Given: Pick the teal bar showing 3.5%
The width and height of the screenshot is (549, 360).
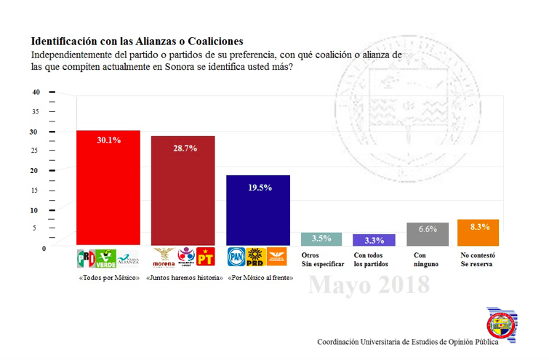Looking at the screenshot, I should [321, 239].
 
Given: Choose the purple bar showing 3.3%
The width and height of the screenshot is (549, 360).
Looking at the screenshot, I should [374, 239].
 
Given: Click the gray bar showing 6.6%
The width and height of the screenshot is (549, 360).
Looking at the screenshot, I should [428, 233].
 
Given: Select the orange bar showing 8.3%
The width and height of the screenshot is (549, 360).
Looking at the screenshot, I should [478, 232].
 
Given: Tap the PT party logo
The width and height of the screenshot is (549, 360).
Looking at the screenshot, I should [206, 257].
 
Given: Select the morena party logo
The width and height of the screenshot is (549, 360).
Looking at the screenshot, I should [164, 257].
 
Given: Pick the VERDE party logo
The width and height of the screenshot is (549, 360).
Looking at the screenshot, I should [107, 257].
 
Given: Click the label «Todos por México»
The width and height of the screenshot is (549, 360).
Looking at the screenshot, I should [108, 279].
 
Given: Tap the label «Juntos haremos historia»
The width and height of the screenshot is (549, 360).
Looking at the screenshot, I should [184, 279].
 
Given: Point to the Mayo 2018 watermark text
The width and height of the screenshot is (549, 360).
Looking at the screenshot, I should [369, 286].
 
